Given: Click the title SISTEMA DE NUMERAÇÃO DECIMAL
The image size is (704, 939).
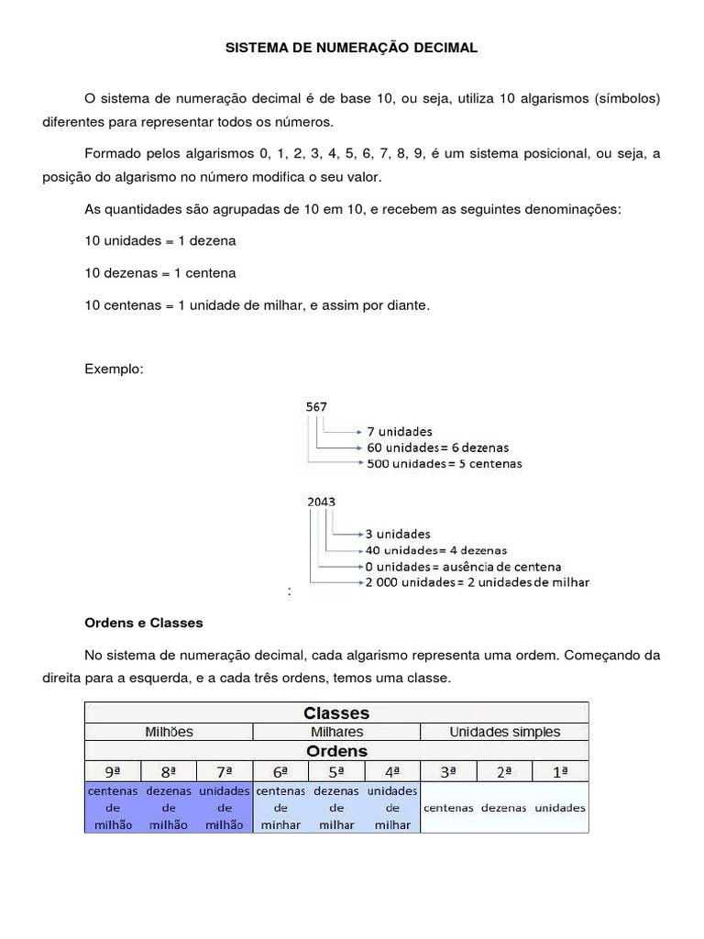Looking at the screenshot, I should [352, 47].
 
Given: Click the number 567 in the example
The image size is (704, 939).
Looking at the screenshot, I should [316, 406].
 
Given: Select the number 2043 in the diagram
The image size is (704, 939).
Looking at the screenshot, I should [321, 502].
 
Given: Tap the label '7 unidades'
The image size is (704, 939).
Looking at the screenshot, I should [400, 431].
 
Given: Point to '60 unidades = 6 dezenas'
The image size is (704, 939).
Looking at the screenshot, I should [437, 447].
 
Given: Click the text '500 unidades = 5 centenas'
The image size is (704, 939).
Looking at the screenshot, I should [444, 464].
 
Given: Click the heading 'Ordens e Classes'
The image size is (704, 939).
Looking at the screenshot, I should [143, 623].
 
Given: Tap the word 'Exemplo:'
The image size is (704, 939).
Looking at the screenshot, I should [114, 369].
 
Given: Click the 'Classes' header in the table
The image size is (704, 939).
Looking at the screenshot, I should [336, 713].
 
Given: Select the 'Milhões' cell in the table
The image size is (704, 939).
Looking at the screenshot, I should [169, 732].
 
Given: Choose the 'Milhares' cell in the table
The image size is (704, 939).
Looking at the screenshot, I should [336, 732].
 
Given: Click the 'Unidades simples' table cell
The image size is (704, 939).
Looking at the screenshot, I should [504, 732].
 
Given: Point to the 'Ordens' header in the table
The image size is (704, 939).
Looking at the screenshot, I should [336, 751].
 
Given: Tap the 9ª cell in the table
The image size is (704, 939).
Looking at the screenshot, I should [113, 772].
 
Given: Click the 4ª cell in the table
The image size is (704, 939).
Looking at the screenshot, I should [392, 772].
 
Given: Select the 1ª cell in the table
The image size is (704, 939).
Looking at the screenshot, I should [560, 772].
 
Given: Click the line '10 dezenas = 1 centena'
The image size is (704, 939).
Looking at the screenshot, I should [159, 272].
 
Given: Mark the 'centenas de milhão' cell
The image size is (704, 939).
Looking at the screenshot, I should [113, 807].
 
